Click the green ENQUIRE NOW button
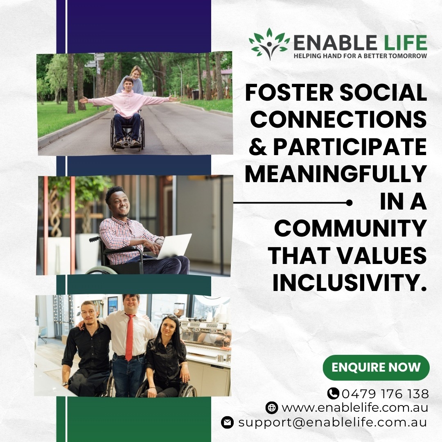(376, 368)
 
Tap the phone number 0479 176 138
(386, 394)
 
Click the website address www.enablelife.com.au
(355, 408)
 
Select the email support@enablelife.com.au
(333, 422)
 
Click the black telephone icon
(333, 394)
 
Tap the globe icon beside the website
(272, 408)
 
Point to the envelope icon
(228, 422)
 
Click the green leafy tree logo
(269, 44)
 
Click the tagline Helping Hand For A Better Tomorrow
(360, 56)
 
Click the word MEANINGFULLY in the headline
(336, 174)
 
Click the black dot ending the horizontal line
(349, 203)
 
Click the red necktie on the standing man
(129, 337)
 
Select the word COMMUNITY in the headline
(350, 228)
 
